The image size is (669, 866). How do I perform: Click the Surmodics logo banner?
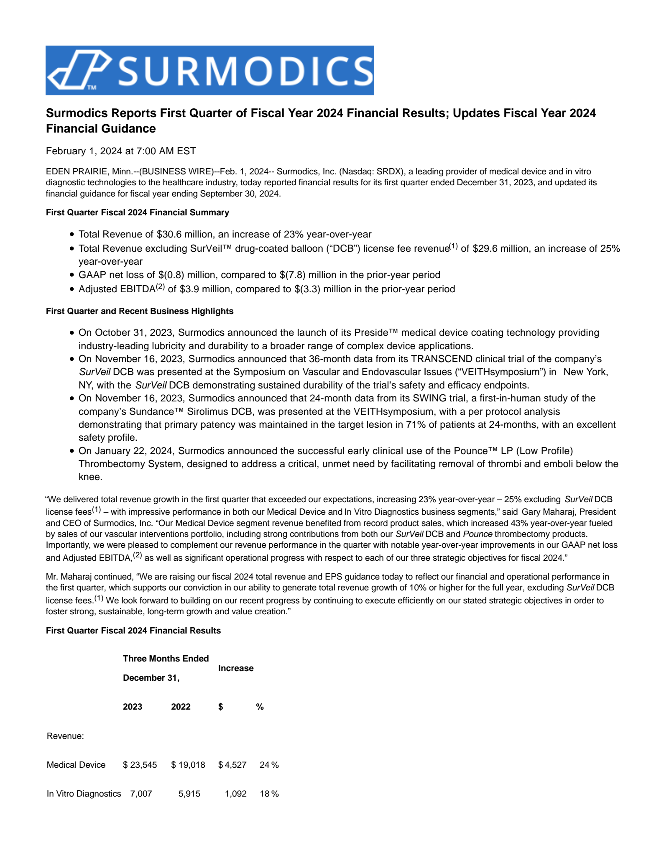[x=209, y=70]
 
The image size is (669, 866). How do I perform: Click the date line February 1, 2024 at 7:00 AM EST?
[x=121, y=151]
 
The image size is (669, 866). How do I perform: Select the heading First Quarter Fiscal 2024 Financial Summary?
[x=137, y=212]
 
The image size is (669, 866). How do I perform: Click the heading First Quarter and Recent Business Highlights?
[x=139, y=311]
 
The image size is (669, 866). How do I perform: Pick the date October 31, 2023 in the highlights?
[x=134, y=332]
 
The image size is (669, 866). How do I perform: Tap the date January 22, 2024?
[x=134, y=451]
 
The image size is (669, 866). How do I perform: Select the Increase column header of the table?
[x=236, y=668]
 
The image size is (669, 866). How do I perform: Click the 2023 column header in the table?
[x=133, y=707]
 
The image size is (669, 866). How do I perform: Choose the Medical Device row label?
[x=76, y=765]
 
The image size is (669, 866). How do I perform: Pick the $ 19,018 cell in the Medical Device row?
[x=188, y=765]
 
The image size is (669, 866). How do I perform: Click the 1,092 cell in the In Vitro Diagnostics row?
[x=235, y=794]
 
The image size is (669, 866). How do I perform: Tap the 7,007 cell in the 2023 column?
[x=141, y=794]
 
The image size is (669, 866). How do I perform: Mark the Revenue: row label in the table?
[x=65, y=736]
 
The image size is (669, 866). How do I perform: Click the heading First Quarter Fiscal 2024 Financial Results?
[x=133, y=631]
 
